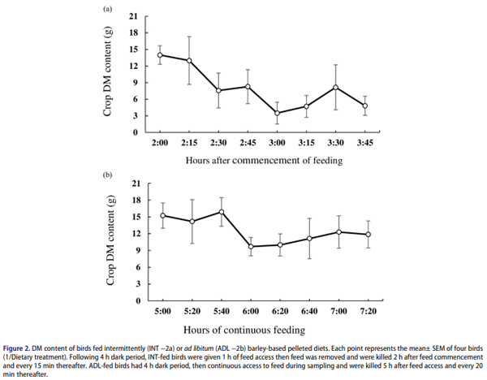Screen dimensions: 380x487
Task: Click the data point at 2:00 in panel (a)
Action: click(x=160, y=55)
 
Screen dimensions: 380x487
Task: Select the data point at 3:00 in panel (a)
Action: click(x=278, y=114)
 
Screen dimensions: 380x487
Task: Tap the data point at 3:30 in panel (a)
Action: click(x=336, y=87)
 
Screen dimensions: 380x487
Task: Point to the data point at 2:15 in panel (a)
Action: click(x=189, y=61)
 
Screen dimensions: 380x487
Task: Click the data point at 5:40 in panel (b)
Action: click(x=221, y=212)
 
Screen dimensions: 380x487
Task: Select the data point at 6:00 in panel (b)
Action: click(x=251, y=246)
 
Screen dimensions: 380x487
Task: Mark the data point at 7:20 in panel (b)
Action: click(x=368, y=235)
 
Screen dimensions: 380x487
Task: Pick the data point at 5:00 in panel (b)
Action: click(x=162, y=215)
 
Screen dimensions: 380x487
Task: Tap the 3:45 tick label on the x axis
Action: click(x=365, y=141)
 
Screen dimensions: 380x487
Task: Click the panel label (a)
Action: click(x=106, y=9)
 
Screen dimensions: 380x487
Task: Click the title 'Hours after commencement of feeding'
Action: click(x=264, y=160)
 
